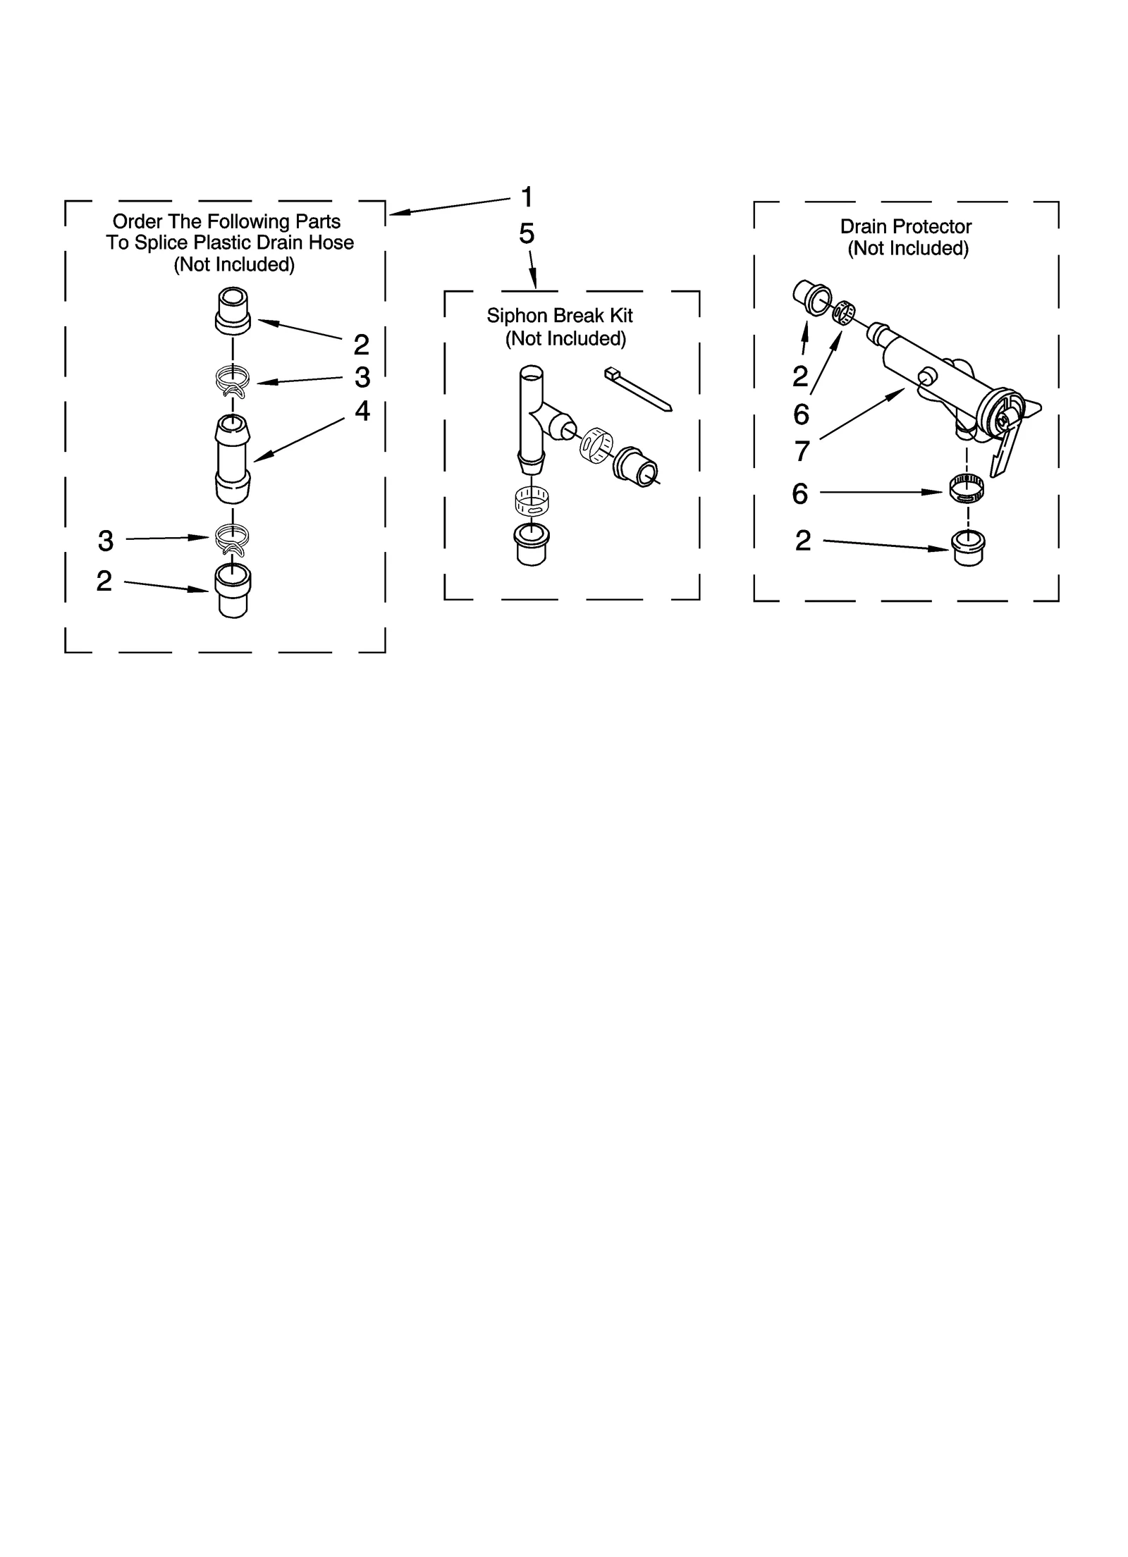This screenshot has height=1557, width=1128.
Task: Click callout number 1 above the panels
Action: tap(527, 197)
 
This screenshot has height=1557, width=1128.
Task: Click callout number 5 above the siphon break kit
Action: tap(527, 234)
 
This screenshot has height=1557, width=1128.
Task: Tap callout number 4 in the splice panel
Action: tap(362, 411)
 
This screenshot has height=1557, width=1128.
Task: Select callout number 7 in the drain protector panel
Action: tap(802, 451)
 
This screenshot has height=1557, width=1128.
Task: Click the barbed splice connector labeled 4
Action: tap(232, 458)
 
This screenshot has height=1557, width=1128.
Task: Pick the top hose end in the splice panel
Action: tap(233, 310)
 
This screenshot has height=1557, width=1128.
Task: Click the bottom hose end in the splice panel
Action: tap(233, 590)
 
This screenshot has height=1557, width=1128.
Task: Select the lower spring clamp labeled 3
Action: tap(232, 539)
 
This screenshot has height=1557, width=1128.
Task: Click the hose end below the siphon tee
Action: tap(532, 543)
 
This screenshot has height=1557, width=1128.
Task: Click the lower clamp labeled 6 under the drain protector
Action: tap(966, 488)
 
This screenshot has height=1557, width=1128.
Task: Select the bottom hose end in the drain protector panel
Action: tap(968, 548)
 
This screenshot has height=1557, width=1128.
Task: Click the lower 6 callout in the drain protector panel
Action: tap(799, 494)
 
